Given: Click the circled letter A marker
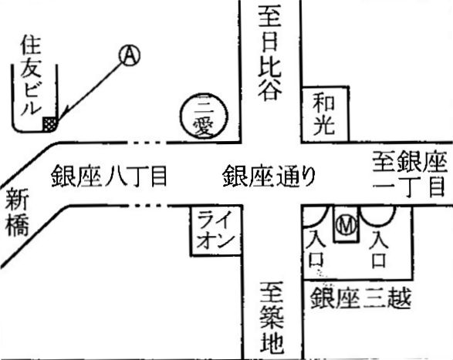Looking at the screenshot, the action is point(130,55).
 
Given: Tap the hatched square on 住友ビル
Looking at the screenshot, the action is point(50,124).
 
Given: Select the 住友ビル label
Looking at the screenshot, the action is point(31,76).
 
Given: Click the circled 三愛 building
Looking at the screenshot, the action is point(204,116).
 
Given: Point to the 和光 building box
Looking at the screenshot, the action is point(325,114).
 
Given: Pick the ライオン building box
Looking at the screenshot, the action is point(216,230).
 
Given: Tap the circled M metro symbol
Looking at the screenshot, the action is point(346,225).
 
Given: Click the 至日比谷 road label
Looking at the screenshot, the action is point(270,53).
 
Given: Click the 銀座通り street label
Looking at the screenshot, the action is point(269,176).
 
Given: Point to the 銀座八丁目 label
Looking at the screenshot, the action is point(110,176).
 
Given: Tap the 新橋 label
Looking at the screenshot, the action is point(17,212).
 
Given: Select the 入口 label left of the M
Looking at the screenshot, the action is point(316,249).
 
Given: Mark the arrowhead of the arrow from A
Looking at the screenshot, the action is point(63,116).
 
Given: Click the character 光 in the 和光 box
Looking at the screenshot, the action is point(324,126).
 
